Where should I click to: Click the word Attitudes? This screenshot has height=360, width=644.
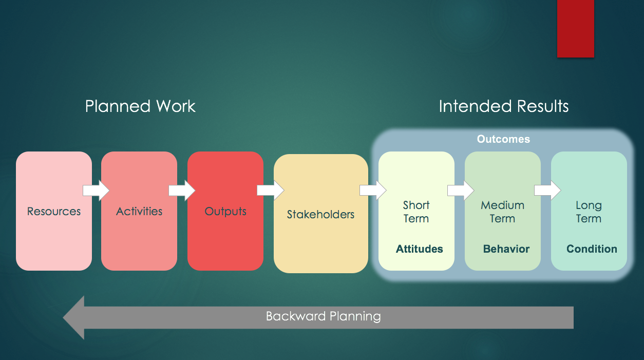pos(419,249)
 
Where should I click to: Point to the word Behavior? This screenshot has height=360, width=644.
pos(506,249)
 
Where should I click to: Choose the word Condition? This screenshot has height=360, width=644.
pos(592,249)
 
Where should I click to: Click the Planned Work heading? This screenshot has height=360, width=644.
pos(140,106)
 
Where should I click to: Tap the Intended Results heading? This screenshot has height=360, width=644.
pos(503,106)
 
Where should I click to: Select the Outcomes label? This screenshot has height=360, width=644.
pos(503,139)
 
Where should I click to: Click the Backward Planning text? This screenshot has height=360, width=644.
pos(323,316)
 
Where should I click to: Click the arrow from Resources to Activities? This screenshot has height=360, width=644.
pos(96,191)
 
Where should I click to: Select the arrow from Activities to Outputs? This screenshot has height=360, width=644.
pos(182,191)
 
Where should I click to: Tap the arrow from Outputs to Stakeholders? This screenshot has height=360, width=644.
pos(270,191)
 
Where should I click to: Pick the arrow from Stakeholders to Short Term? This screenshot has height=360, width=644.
pos(373,191)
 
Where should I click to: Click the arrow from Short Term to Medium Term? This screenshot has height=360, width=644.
pos(460,191)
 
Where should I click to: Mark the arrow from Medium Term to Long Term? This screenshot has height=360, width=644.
pos(547,191)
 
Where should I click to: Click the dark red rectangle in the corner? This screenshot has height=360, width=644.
pos(575,28)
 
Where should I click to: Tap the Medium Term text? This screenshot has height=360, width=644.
pos(502,212)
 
